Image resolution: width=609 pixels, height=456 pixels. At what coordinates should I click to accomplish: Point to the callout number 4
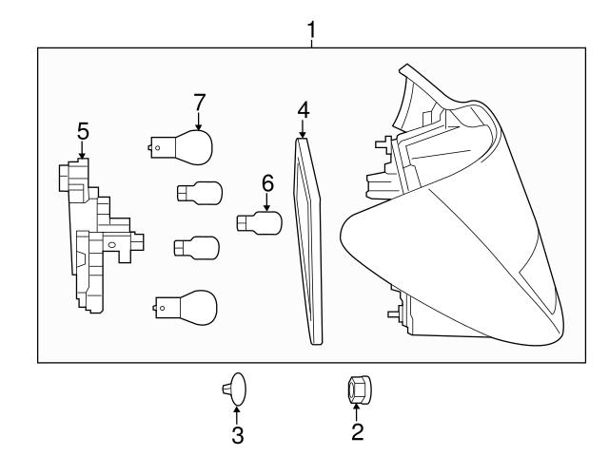tap(303, 109)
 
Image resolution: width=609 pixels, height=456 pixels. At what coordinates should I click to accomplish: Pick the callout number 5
tap(82, 131)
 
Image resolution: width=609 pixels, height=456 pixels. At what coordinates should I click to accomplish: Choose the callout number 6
tap(267, 180)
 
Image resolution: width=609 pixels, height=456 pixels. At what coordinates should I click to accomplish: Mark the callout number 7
tap(199, 101)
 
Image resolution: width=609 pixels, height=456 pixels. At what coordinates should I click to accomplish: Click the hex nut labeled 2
tap(358, 389)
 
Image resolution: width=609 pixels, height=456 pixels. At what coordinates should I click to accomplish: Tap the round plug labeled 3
tap(235, 389)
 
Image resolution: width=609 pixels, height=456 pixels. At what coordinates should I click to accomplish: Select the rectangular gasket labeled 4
tap(309, 237)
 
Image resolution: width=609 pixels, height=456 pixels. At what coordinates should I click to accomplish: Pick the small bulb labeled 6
tap(260, 224)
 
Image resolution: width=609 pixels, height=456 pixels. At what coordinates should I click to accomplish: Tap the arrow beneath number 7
tap(199, 120)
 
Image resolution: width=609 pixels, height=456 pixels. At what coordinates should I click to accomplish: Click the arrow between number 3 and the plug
tap(236, 414)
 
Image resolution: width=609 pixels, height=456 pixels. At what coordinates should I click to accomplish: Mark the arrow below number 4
tap(303, 129)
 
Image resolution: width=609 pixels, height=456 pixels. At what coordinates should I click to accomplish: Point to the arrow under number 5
tap(82, 149)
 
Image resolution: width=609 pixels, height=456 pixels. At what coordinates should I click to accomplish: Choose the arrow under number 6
tap(267, 199)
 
